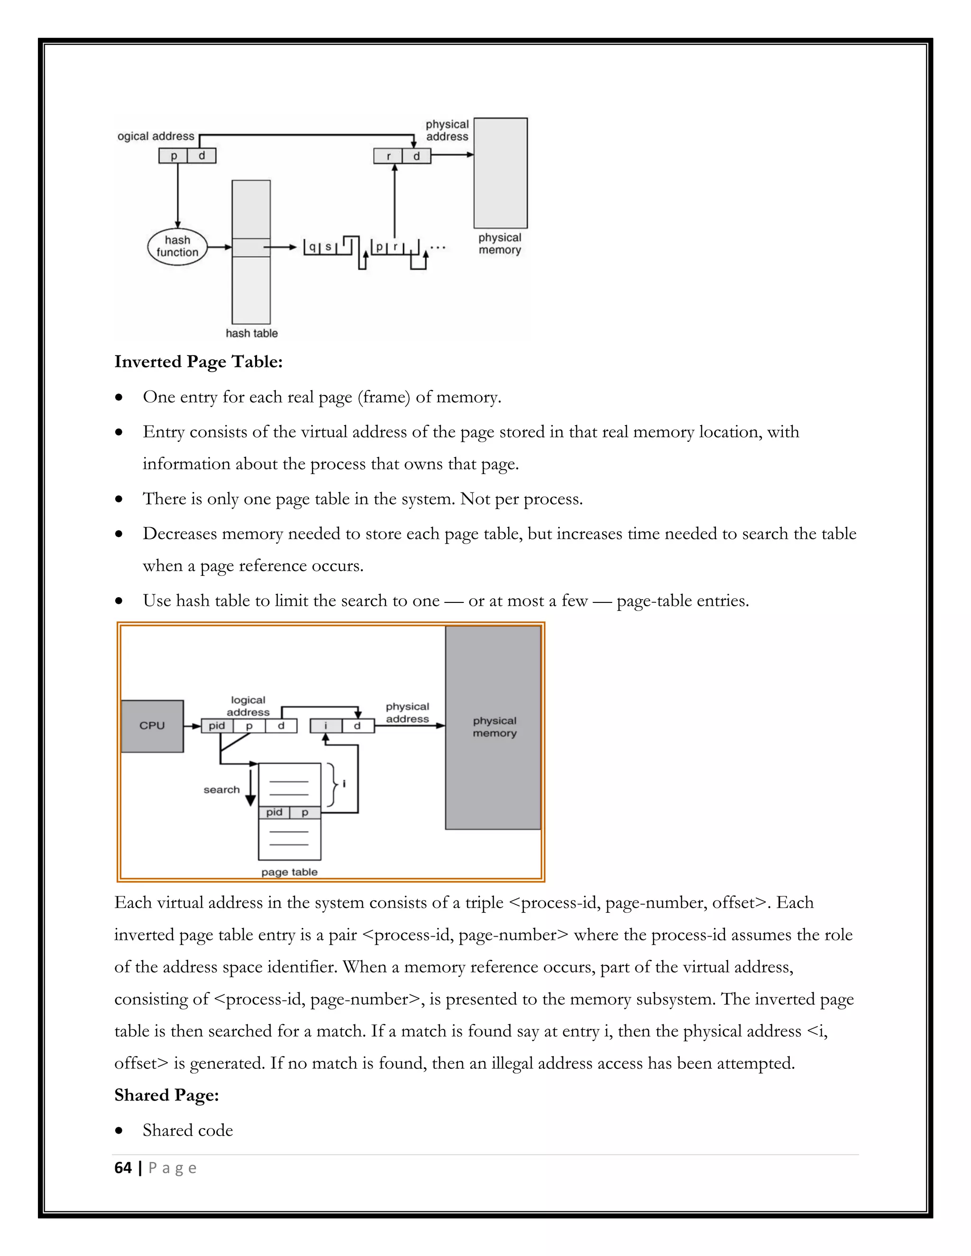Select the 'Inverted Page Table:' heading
click(x=199, y=362)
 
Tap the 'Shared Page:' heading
click(x=166, y=1095)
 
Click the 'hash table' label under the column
click(x=251, y=334)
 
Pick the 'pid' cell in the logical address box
click(x=217, y=726)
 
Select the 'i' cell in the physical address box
click(x=326, y=726)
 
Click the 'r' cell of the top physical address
click(x=389, y=156)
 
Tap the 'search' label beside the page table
click(x=221, y=790)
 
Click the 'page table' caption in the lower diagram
click(x=289, y=872)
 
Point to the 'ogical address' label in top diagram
click(x=156, y=137)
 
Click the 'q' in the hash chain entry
click(x=312, y=247)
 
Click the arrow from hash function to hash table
click(x=219, y=247)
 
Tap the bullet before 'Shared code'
click(x=119, y=1130)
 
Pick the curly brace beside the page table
click(x=332, y=785)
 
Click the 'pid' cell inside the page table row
click(x=275, y=812)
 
